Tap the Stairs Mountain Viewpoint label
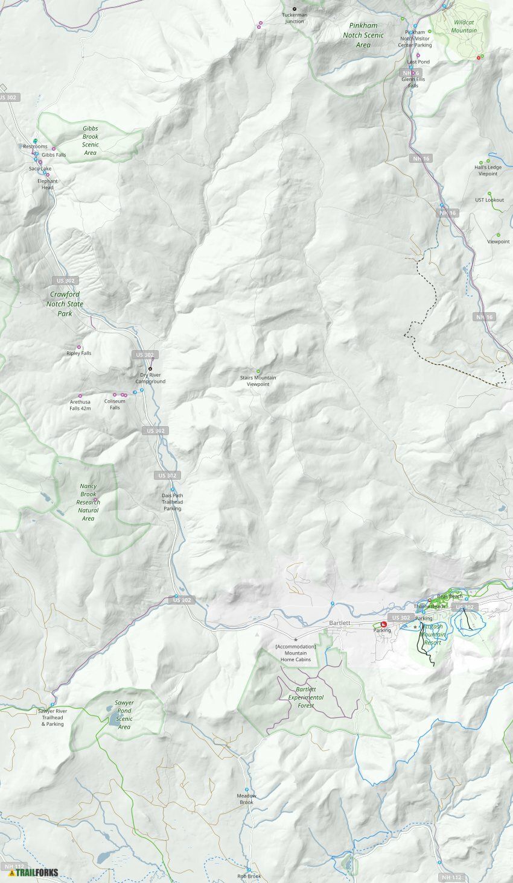tap(258, 381)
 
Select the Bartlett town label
tap(340, 623)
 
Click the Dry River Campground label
tap(150, 378)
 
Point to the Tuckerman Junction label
tap(295, 18)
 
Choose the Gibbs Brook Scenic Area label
tap(91, 140)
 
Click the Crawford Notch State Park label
tap(65, 304)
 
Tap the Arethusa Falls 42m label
tap(80, 405)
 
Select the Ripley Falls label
tap(79, 353)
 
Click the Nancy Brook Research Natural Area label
tap(88, 502)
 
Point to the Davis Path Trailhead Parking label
tap(172, 502)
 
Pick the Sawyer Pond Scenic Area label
tap(124, 715)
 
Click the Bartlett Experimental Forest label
tap(305, 697)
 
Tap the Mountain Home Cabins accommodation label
tap(296, 653)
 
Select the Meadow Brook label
tap(246, 799)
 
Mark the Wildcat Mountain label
tap(464, 27)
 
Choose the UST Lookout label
tap(489, 200)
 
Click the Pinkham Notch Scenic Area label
tap(363, 35)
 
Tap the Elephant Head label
tap(47, 184)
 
